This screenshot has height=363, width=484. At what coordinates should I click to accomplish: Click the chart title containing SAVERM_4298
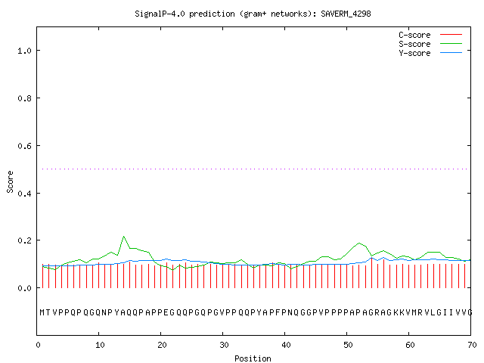(x=253, y=14)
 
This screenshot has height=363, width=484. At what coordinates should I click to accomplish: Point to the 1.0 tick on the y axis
(x=24, y=51)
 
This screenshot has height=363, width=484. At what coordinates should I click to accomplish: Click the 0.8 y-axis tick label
(x=24, y=98)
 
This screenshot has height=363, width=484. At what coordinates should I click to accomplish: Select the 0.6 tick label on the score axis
(x=24, y=146)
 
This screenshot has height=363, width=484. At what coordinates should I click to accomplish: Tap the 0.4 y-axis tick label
(x=24, y=194)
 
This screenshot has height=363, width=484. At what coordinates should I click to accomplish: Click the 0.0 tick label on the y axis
(x=24, y=288)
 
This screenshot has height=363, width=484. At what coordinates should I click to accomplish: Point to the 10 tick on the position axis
(x=100, y=345)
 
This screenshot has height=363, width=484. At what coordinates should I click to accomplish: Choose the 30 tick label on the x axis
(x=224, y=345)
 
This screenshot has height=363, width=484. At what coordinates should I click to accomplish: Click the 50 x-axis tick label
(x=348, y=345)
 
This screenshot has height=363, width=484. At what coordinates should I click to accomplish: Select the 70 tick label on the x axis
(x=472, y=345)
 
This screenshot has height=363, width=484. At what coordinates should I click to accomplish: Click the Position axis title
(x=253, y=358)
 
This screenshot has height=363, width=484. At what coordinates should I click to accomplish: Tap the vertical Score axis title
(x=10, y=181)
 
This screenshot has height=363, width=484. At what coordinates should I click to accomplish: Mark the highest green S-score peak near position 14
(x=124, y=237)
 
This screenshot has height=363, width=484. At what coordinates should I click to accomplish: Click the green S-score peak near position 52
(x=359, y=244)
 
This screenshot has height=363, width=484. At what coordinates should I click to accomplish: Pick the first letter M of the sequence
(x=42, y=312)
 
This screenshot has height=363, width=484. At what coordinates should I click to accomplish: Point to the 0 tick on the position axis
(x=38, y=345)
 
